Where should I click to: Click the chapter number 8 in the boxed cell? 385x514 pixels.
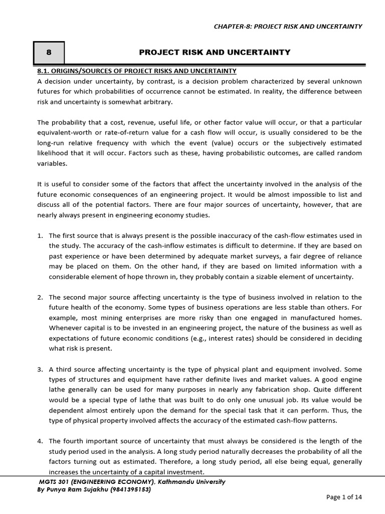(49, 52)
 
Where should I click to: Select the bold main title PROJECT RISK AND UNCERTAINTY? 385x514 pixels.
(215, 52)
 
